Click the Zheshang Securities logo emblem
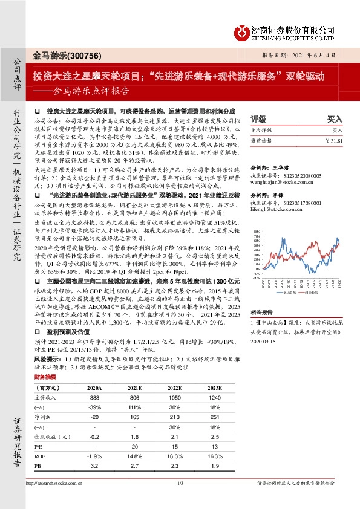[x=243, y=31]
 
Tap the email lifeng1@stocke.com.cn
[x=274, y=209]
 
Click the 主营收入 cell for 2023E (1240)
[x=214, y=400]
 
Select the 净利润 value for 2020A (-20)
[x=94, y=417]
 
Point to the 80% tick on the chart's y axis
[x=257, y=231]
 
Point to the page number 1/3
[x=180, y=501]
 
